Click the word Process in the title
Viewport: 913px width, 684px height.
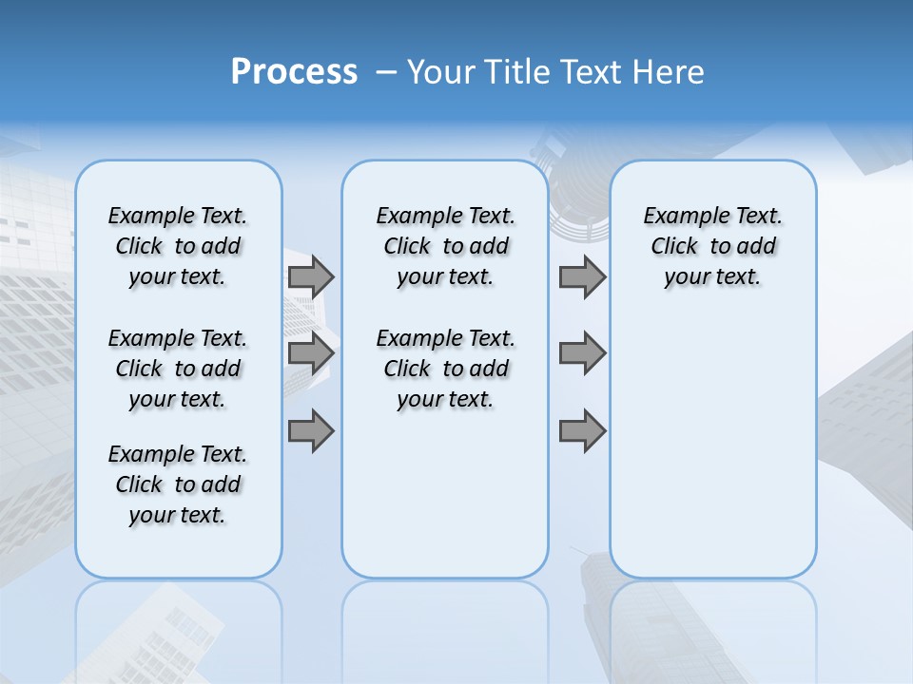294,71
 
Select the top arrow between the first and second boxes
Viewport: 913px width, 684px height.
310,276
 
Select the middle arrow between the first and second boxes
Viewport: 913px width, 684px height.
310,353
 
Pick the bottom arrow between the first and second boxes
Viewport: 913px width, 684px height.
310,431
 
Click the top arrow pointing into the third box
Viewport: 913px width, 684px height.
582,276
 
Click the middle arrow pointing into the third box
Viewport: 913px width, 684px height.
582,353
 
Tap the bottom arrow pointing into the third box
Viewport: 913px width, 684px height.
582,431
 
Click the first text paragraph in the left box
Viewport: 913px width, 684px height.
178,246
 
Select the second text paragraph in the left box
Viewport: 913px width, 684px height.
178,369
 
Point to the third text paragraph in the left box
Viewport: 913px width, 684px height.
178,484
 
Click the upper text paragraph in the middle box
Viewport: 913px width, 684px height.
445,246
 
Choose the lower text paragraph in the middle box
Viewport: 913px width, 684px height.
445,369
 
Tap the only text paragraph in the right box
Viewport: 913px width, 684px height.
712,246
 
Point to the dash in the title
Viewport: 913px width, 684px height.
386,72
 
